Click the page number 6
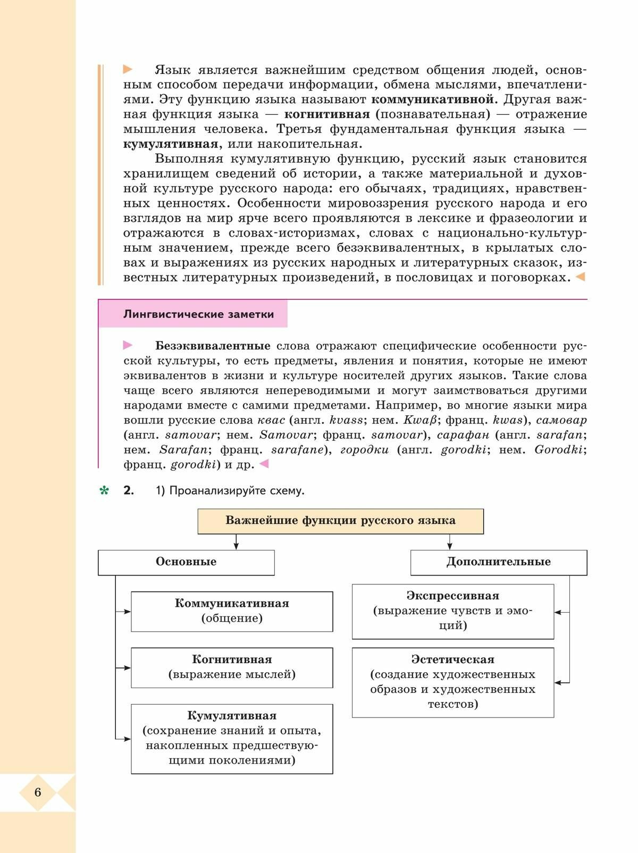tap(38, 792)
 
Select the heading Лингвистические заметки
tap(198, 314)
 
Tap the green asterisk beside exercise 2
tap(104, 491)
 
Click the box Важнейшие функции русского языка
tap(340, 521)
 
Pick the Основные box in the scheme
tap(186, 562)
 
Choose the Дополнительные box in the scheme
tap(498, 562)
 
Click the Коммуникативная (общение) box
tap(232, 611)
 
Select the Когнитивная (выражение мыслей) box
tap(232, 667)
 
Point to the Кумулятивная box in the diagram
tap(232, 738)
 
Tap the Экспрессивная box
tap(452, 611)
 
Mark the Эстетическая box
tap(452, 682)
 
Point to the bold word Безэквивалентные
tap(213, 346)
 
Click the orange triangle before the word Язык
tap(128, 69)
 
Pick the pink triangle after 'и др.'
tap(264, 464)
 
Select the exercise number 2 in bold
tap(128, 491)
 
